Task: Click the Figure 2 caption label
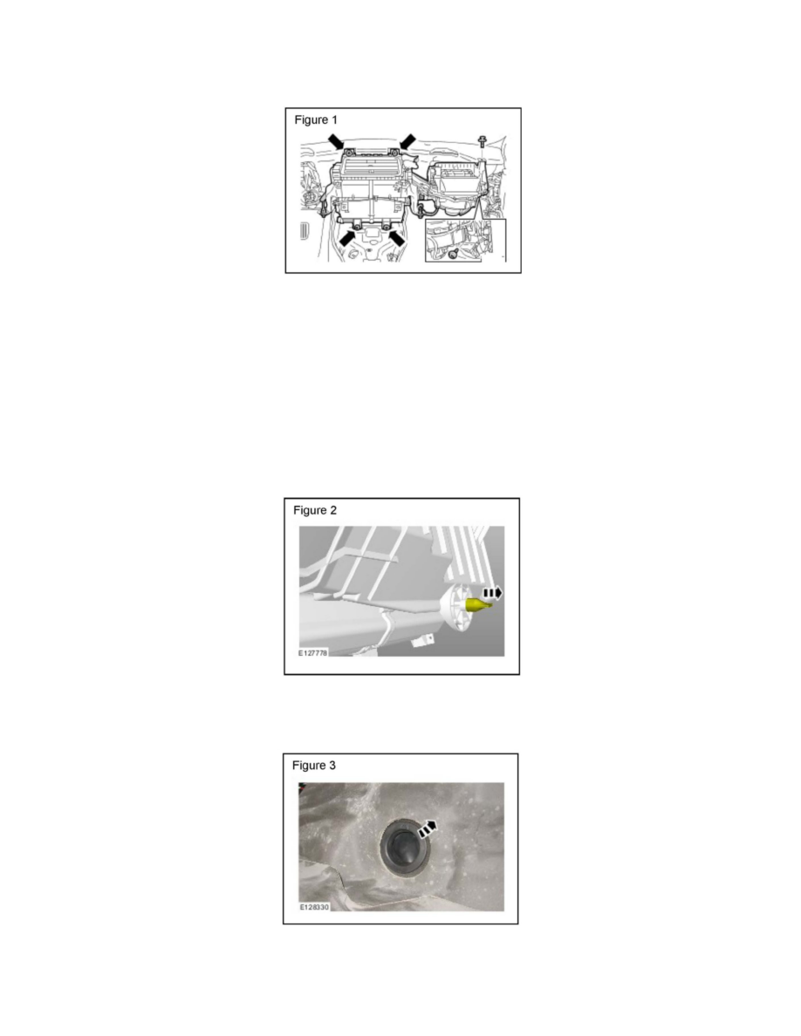tap(319, 510)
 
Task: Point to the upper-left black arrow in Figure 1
tap(337, 141)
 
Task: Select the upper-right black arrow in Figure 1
tap(406, 141)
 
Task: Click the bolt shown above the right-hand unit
tap(482, 142)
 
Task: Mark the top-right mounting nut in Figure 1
tap(394, 152)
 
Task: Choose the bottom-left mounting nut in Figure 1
tap(358, 226)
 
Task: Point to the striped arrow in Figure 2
tap(492, 593)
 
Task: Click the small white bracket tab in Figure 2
tap(425, 641)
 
